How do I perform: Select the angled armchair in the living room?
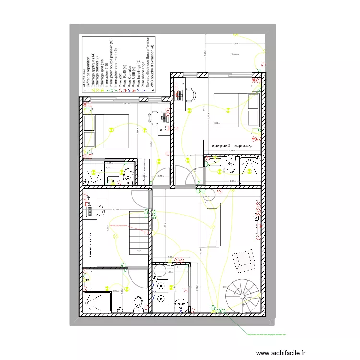(x=244, y=259)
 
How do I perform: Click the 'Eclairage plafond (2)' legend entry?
(x=97, y=72)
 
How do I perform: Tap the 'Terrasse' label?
(x=235, y=54)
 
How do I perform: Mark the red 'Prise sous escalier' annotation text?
(x=118, y=225)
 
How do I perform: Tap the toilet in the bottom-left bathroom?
(x=138, y=303)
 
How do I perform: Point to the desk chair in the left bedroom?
(x=154, y=117)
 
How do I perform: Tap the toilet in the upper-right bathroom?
(x=230, y=167)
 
